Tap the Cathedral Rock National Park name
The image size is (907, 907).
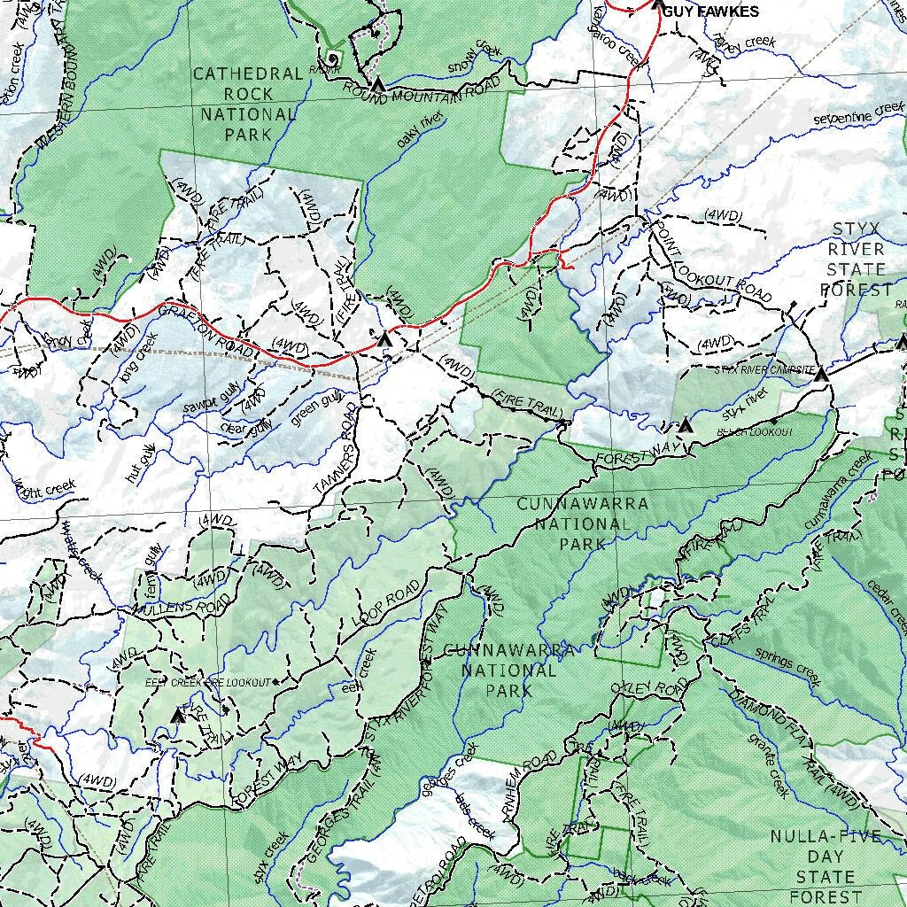(249, 105)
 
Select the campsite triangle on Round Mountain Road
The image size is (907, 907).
(378, 86)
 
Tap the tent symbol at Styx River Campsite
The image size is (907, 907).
(820, 375)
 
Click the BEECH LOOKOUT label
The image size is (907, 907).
(755, 432)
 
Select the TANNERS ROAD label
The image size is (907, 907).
(336, 461)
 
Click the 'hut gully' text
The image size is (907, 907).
(141, 463)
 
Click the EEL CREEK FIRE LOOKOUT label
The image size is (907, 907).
(207, 683)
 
